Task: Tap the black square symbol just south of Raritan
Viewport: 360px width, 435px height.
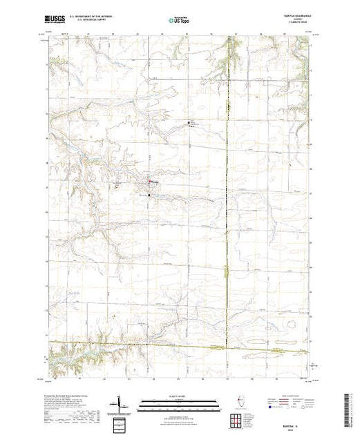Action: click(149, 195)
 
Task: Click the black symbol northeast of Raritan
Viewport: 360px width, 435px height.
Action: click(190, 123)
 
